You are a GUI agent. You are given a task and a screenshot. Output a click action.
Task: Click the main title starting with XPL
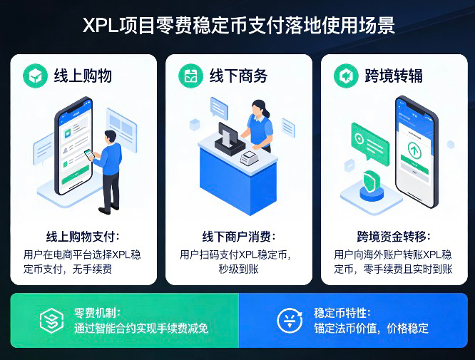[237, 26]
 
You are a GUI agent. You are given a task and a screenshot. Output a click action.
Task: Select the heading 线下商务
[238, 75]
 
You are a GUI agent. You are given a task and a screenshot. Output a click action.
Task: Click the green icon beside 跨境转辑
[346, 75]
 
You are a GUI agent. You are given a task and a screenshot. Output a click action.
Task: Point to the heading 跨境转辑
[394, 75]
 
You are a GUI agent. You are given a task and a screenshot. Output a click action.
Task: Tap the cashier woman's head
[259, 109]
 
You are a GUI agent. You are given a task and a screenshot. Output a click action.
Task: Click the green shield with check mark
[371, 182]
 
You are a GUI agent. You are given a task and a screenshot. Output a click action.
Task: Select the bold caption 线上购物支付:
[83, 237]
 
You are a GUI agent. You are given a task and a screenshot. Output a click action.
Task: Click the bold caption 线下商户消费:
[238, 237]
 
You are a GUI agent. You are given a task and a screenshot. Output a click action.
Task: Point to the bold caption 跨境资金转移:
[394, 237]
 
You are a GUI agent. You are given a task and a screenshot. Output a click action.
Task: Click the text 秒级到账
[238, 269]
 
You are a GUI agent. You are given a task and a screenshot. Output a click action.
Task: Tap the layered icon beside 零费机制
[51, 320]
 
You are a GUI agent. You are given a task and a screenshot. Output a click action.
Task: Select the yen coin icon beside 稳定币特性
[290, 320]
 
